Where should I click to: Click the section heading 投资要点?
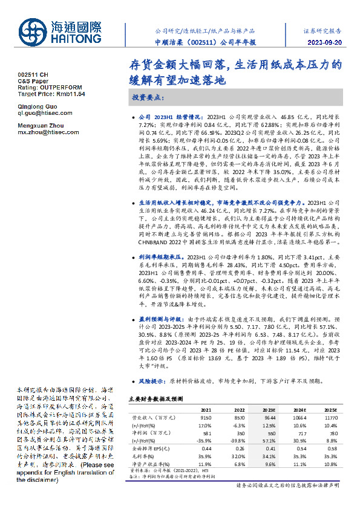(x=148, y=97)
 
